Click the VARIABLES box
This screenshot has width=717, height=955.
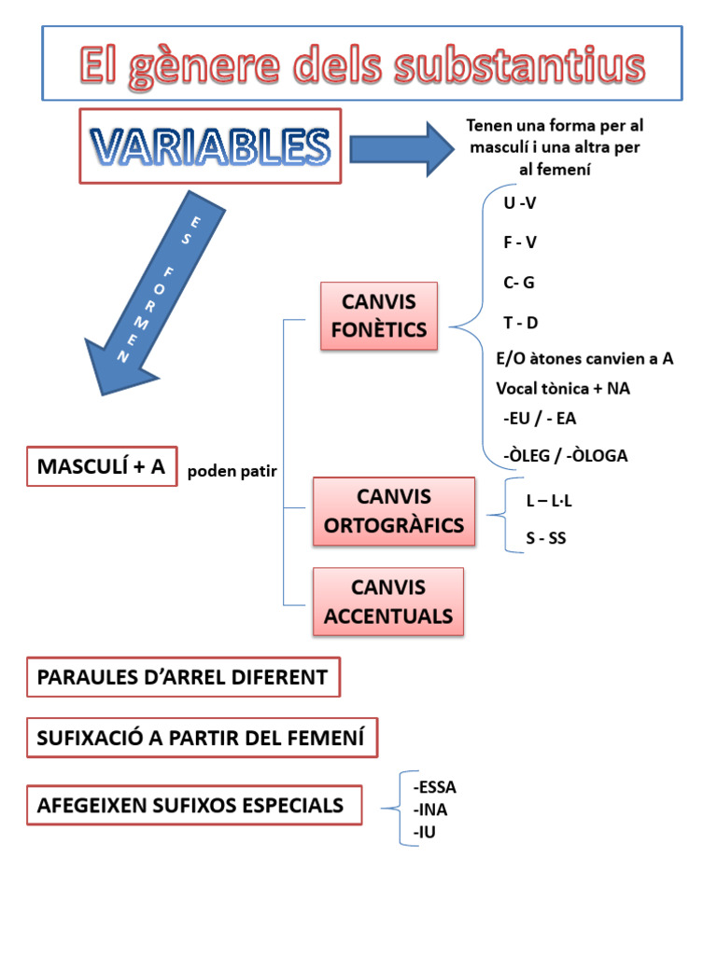(210, 146)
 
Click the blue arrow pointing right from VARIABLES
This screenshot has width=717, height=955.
(400, 148)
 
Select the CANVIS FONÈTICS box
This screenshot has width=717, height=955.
(378, 315)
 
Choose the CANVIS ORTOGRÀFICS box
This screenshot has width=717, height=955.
(394, 510)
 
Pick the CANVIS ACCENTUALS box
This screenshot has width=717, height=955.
(388, 602)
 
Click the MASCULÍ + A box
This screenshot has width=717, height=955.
(102, 466)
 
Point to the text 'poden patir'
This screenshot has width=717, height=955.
(232, 471)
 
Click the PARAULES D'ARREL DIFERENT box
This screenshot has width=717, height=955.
(183, 677)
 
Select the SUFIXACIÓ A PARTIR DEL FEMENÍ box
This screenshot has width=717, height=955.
(202, 739)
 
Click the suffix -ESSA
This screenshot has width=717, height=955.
(434, 786)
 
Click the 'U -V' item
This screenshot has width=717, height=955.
(520, 203)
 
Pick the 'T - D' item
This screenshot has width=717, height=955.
(521, 323)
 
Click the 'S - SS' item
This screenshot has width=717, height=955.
(546, 538)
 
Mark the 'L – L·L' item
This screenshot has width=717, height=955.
(549, 500)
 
